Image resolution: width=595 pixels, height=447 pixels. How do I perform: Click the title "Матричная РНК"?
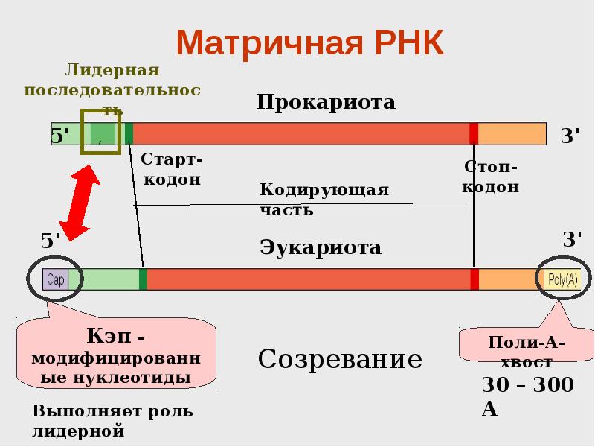pyautogui.click(x=309, y=42)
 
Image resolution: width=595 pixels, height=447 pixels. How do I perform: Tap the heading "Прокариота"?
pyautogui.click(x=326, y=101)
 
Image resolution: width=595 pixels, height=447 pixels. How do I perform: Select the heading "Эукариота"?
pyautogui.click(x=321, y=247)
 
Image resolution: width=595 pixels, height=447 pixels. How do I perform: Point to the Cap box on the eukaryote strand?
pyautogui.click(x=56, y=279)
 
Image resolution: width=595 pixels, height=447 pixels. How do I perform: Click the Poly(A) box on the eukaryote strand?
pyautogui.click(x=562, y=279)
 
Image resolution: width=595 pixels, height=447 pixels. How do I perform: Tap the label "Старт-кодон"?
pyautogui.click(x=171, y=169)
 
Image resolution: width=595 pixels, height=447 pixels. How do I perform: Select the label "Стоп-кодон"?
pyautogui.click(x=491, y=177)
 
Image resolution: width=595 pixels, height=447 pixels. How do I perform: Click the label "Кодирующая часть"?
pyautogui.click(x=324, y=199)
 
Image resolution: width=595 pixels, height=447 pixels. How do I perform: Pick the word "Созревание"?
pyautogui.click(x=340, y=360)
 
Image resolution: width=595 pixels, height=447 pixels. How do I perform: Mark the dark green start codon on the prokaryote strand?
pyautogui.click(x=129, y=133)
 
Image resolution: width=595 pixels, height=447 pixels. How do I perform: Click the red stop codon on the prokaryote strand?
pyautogui.click(x=474, y=133)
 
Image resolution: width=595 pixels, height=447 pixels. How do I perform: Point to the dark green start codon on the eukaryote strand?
pyautogui.click(x=143, y=279)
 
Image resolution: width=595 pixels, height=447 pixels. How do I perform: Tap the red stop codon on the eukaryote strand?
pyautogui.click(x=475, y=279)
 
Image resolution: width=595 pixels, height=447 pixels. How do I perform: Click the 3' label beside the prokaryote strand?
pyautogui.click(x=570, y=136)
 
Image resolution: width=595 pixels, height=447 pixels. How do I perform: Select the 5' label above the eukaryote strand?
pyautogui.click(x=51, y=241)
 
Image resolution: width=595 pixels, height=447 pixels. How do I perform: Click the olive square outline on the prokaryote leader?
pyautogui.click(x=100, y=133)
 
